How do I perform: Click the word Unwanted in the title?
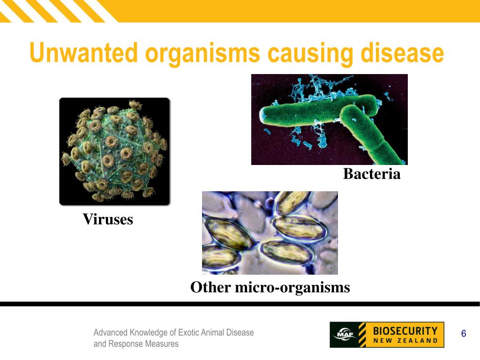coord(83,53)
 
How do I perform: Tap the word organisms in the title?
coord(202,53)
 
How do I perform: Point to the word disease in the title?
coord(402,53)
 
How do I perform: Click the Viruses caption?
coord(108,219)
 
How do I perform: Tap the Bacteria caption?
coord(372,174)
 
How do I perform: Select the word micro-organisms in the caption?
coord(292,287)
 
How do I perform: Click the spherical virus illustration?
coord(114,151)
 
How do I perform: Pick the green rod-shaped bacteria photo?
coord(329,119)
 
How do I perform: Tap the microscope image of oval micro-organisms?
coord(270,232)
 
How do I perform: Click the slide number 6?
coord(464,334)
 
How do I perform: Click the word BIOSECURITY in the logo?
coord(405,330)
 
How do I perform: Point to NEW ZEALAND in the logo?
coord(405,341)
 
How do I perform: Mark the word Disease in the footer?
coord(240,332)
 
